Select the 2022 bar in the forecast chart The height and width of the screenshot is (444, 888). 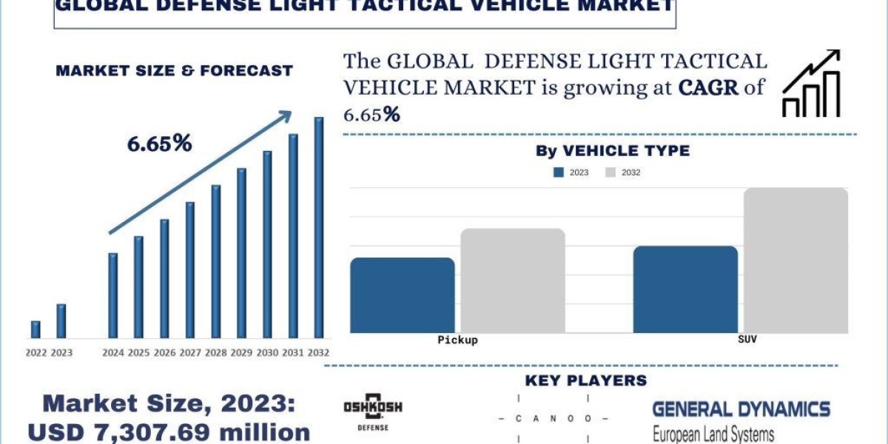(x=36, y=329)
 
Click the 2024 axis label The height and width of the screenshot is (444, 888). (x=113, y=353)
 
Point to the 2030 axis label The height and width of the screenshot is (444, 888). (x=267, y=353)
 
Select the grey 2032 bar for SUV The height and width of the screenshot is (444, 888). (x=795, y=260)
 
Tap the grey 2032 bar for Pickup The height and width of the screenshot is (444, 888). (x=513, y=280)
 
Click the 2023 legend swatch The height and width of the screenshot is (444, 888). (x=559, y=172)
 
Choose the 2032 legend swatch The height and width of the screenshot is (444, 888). (x=610, y=172)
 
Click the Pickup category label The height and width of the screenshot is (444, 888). (x=457, y=340)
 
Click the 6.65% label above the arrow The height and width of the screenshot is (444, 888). (x=159, y=144)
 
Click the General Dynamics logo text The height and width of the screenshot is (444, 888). (x=741, y=408)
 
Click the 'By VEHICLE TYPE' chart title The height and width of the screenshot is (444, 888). (x=612, y=151)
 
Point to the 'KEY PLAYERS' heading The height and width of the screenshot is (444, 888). (x=585, y=380)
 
